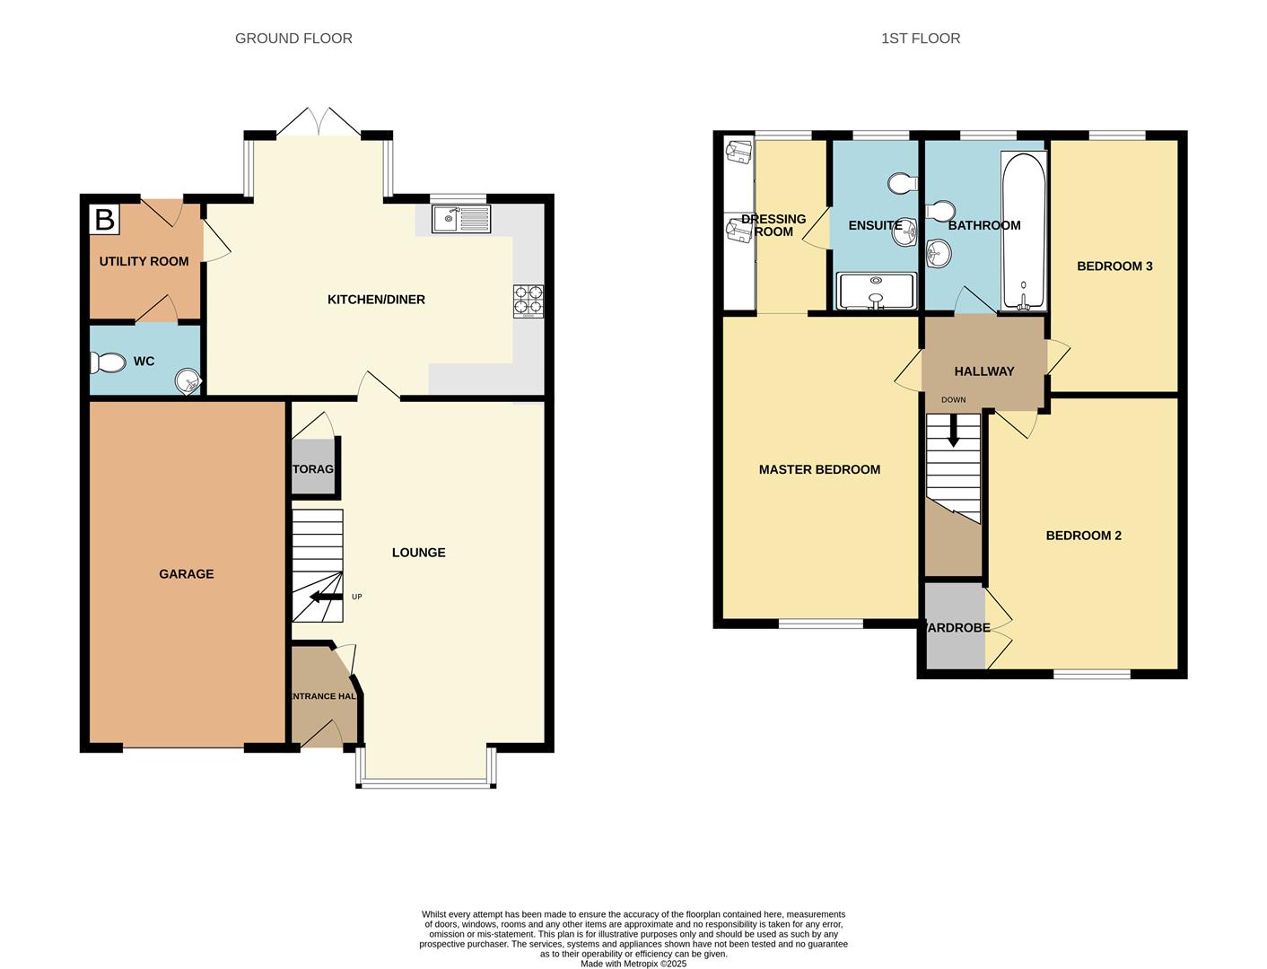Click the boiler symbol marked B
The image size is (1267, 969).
pyautogui.click(x=104, y=219)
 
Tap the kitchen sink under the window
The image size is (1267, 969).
pyautogui.click(x=461, y=219)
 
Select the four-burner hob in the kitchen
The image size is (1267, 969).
pyautogui.click(x=528, y=301)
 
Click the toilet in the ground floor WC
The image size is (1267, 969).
pyautogui.click(x=108, y=362)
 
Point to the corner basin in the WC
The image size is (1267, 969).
pyautogui.click(x=188, y=382)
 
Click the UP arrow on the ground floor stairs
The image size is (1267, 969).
pyautogui.click(x=326, y=597)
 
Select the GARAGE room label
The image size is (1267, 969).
pyautogui.click(x=187, y=574)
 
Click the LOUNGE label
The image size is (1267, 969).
pyautogui.click(x=418, y=553)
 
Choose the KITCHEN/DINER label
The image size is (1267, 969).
pyautogui.click(x=376, y=300)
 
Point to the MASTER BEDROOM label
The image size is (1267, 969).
pyautogui.click(x=819, y=469)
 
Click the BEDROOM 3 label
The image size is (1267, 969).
pyautogui.click(x=1114, y=266)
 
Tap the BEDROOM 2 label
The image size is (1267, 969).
pyautogui.click(x=1083, y=536)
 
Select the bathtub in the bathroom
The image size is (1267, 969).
pyautogui.click(x=1023, y=231)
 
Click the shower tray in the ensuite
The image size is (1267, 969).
pyautogui.click(x=876, y=291)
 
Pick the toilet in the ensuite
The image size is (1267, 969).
pyautogui.click(x=901, y=183)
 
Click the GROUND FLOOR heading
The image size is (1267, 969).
pyautogui.click(x=293, y=39)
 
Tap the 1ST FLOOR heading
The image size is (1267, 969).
pyautogui.click(x=920, y=39)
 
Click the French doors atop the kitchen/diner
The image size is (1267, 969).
pyautogui.click(x=319, y=123)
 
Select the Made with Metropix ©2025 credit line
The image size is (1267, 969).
pyautogui.click(x=633, y=964)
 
